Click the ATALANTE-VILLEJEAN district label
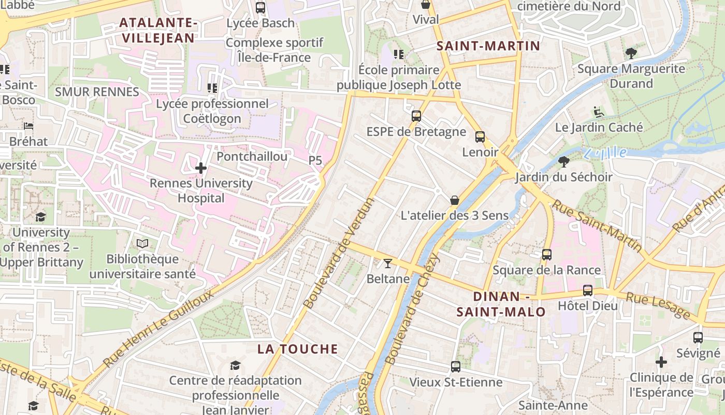(x=157, y=30)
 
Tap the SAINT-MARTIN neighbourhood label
(x=488, y=46)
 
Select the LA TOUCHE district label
(x=298, y=349)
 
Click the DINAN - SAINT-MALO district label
(x=501, y=304)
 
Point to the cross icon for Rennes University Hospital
(x=201, y=168)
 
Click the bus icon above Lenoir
(x=480, y=137)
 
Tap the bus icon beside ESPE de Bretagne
(x=416, y=116)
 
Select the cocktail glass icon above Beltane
(x=387, y=264)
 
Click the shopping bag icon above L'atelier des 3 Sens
(x=455, y=200)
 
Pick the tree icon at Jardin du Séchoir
(x=564, y=162)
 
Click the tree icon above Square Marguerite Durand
(x=631, y=53)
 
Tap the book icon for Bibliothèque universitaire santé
(x=142, y=243)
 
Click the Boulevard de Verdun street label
(x=339, y=253)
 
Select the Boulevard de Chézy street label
(x=412, y=309)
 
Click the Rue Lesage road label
(x=658, y=305)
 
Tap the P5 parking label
(x=315, y=161)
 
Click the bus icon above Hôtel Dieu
(x=587, y=290)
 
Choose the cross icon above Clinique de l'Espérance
(x=661, y=362)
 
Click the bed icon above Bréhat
(x=28, y=126)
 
